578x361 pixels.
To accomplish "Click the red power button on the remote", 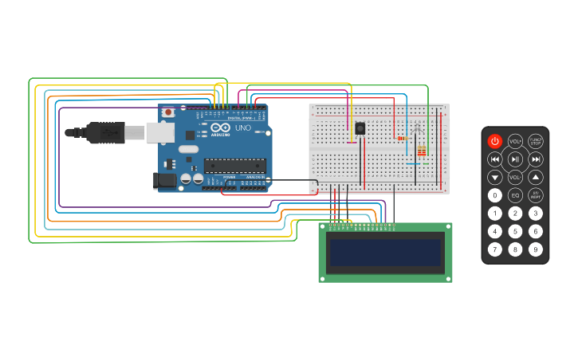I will click(495, 142).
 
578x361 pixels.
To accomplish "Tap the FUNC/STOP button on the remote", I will click(536, 142).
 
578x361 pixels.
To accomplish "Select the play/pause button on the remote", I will click(515, 159).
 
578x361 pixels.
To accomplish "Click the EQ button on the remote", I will click(515, 195).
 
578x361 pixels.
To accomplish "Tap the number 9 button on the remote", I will click(536, 249).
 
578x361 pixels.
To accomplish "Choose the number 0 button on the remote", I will click(495, 195).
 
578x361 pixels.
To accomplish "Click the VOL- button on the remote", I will click(515, 177).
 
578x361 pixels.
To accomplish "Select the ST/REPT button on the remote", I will click(536, 195).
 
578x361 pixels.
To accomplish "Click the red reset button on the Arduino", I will click(168, 113).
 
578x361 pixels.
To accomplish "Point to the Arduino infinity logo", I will click(221, 128).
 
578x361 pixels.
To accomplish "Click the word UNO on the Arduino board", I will click(243, 128).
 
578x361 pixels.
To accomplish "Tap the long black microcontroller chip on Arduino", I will click(234, 166).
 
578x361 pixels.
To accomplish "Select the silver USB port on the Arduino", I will click(160, 132).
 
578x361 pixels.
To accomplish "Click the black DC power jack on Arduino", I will click(165, 181).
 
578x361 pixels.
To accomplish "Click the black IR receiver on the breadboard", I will click(360, 128).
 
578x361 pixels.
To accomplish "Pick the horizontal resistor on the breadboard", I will click(402, 138).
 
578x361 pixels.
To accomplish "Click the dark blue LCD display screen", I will click(385, 253).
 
